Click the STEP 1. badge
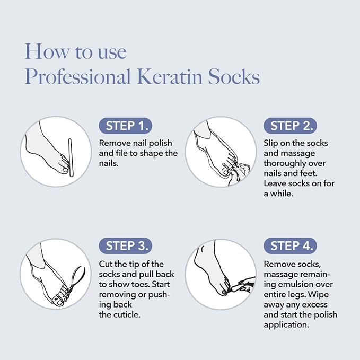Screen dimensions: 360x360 click(126, 126)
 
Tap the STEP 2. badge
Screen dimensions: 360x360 click(290, 126)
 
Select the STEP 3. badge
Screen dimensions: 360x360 click(126, 246)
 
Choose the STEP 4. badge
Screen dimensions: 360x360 click(290, 246)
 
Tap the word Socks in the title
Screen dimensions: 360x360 click(233, 77)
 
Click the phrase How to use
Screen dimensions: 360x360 click(75, 51)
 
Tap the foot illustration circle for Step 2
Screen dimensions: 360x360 click(220, 152)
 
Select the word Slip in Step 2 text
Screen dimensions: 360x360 click(271, 143)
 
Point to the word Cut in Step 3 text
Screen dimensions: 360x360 click(107, 264)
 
